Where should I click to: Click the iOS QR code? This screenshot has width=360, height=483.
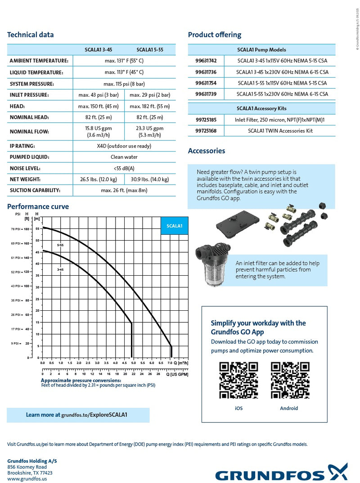pyautogui.click(x=238, y=380)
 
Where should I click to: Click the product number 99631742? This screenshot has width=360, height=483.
pyautogui.click(x=206, y=60)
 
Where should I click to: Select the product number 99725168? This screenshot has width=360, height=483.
pyautogui.click(x=206, y=131)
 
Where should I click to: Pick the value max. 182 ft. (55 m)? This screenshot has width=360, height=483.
pyautogui.click(x=150, y=106)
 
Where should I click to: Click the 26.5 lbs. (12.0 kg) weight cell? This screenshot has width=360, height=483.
pyautogui.click(x=99, y=179)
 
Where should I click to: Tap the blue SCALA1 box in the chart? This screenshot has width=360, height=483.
pyautogui.click(x=174, y=226)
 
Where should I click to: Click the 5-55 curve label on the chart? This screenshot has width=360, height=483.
pyautogui.click(x=60, y=245)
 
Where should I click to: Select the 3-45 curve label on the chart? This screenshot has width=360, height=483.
pyautogui.click(x=60, y=269)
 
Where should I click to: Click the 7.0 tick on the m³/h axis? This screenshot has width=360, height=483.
pyautogui.click(x=169, y=362)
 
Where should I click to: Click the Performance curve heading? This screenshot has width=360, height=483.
pyautogui.click(x=38, y=207)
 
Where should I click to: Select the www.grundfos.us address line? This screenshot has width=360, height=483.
pyautogui.click(x=27, y=479)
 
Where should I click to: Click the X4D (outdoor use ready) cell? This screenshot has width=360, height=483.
pyautogui.click(x=124, y=146)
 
